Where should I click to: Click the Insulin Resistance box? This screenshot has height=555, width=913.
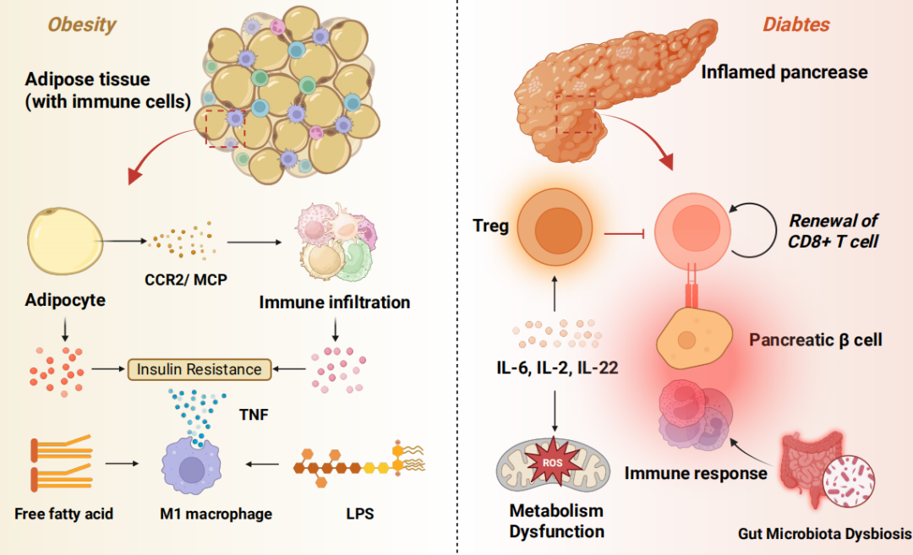pos(200,369)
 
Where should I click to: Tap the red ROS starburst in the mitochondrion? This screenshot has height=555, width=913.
pos(553,463)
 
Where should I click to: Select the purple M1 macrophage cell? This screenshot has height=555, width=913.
pos(191,466)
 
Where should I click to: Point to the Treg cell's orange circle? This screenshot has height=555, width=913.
pos(555,227)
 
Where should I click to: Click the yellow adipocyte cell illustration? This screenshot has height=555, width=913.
pos(64,241)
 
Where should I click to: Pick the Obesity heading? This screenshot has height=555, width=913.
pos(82,24)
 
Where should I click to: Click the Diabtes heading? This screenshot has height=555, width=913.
pos(796,24)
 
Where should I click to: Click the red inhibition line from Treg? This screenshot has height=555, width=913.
pos(624,234)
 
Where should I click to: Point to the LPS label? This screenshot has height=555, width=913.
pos(360,514)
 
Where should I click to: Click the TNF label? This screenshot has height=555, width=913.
pos(254,414)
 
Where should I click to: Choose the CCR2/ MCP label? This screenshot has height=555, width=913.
pos(186,280)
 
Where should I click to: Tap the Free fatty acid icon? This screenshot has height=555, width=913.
pos(61,463)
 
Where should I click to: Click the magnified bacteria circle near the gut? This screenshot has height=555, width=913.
pos(849,482)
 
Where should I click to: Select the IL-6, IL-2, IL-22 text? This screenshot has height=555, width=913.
pos(557,367)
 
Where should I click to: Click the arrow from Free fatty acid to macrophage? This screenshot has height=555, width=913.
pos(123,464)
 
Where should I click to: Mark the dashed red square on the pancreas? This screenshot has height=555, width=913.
pos(576,113)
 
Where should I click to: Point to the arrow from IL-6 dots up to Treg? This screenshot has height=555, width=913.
pos(555,294)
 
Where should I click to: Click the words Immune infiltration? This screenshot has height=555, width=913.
pos(335,302)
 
